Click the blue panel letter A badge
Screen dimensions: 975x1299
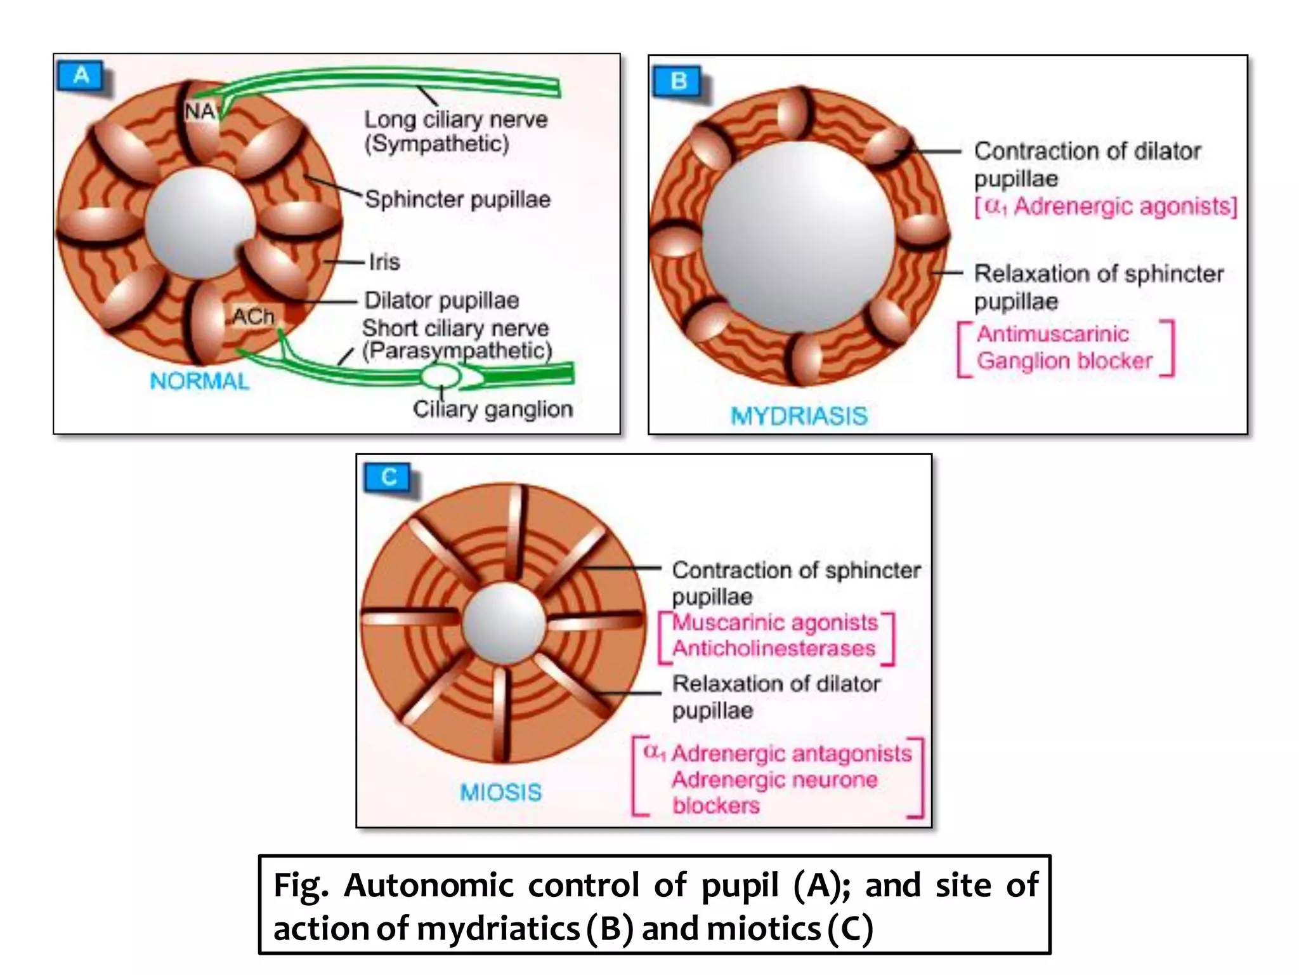[81, 76]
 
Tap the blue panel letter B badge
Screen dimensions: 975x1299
[679, 81]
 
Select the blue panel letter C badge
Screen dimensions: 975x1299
[388, 477]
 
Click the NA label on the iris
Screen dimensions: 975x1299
[199, 112]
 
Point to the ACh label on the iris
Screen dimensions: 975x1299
[252, 316]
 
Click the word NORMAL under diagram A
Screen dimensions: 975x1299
[200, 381]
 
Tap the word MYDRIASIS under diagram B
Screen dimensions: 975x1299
[799, 416]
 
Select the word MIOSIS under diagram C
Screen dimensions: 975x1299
[500, 792]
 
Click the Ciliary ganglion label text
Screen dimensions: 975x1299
[492, 409]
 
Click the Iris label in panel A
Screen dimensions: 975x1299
[384, 262]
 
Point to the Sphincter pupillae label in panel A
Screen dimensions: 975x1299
[457, 199]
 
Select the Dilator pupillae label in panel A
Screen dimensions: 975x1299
[441, 300]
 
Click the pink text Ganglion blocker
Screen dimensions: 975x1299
[1064, 361]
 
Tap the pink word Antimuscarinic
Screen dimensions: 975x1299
[1052, 334]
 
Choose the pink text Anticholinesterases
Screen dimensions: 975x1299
[774, 649]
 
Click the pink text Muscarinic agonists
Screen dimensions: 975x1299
[775, 623]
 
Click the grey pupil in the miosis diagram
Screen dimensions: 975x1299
[504, 623]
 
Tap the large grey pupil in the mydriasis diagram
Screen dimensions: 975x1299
[798, 236]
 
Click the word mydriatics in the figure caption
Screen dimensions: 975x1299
[498, 929]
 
